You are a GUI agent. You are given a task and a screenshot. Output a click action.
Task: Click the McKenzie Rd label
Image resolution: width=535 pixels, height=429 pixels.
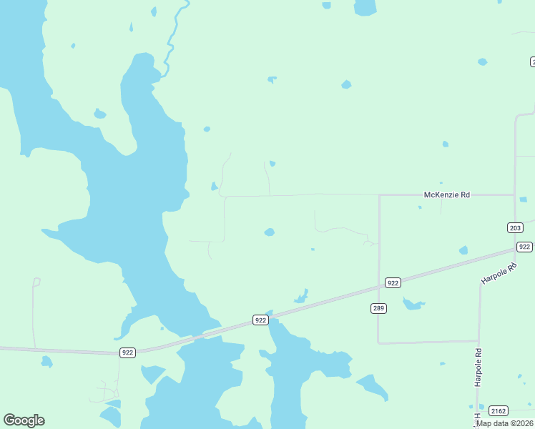(x=447, y=194)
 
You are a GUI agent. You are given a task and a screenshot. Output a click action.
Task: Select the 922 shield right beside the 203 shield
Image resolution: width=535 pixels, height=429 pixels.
(x=524, y=247)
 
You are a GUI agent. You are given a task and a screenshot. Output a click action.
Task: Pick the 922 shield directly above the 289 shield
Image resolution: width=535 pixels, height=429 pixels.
(x=392, y=283)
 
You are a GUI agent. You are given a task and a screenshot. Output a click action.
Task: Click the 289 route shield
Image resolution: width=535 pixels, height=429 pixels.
(x=378, y=308)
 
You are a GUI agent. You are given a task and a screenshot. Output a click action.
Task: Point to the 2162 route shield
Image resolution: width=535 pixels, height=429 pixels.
(x=499, y=410)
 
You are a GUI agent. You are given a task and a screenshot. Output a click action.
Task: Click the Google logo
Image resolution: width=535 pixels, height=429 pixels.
(x=24, y=420)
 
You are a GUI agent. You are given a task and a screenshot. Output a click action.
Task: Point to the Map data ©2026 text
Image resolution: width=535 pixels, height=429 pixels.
(x=505, y=423)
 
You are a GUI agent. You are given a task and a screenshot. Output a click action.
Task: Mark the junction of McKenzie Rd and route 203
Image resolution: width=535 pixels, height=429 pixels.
(x=515, y=194)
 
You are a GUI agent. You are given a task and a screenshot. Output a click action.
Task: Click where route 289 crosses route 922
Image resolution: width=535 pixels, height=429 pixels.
(x=378, y=287)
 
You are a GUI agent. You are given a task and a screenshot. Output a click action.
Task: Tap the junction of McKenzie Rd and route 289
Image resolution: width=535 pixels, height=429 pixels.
(x=378, y=194)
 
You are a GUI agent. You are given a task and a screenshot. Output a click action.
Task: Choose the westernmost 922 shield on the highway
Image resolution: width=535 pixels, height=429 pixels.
(x=127, y=352)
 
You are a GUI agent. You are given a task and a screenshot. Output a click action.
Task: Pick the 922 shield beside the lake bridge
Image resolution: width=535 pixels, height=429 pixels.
(x=260, y=321)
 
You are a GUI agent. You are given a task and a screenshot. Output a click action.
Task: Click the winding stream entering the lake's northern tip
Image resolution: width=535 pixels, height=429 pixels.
(x=172, y=43)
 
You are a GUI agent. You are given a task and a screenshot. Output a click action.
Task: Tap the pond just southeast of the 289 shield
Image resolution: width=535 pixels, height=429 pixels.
(x=413, y=305)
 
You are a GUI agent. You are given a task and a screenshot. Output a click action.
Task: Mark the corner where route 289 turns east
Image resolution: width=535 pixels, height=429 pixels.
(x=378, y=342)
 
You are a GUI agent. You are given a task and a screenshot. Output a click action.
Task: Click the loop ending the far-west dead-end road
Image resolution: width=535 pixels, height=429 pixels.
(x=36, y=282)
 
